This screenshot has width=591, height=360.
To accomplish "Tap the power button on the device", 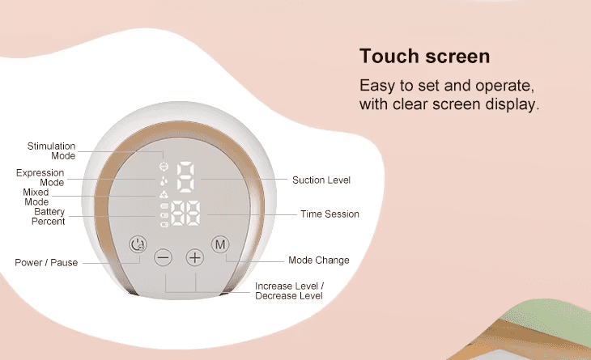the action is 138,244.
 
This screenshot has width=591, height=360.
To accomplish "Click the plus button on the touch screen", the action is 195,257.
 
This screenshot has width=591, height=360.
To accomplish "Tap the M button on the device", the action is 220,245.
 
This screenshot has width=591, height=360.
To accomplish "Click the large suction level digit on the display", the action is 186,177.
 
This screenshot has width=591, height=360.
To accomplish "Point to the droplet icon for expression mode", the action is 164,181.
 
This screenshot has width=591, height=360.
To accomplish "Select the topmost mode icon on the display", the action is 164,167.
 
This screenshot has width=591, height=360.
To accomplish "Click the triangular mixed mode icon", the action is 164,194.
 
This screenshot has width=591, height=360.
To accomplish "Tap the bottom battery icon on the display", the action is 164,225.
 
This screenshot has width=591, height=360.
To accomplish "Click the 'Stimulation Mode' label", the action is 51,151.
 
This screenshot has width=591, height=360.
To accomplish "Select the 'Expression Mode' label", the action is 40,178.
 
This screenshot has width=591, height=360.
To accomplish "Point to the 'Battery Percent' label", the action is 49,217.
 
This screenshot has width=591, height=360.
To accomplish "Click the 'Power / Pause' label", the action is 46,262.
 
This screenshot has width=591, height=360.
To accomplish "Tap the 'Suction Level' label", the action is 321,180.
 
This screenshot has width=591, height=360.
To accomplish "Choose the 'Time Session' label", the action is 330,214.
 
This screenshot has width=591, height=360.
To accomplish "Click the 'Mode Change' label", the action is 319,260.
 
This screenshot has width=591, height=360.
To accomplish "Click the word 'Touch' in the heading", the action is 389,56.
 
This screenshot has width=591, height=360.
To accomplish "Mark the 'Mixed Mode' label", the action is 36,197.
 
